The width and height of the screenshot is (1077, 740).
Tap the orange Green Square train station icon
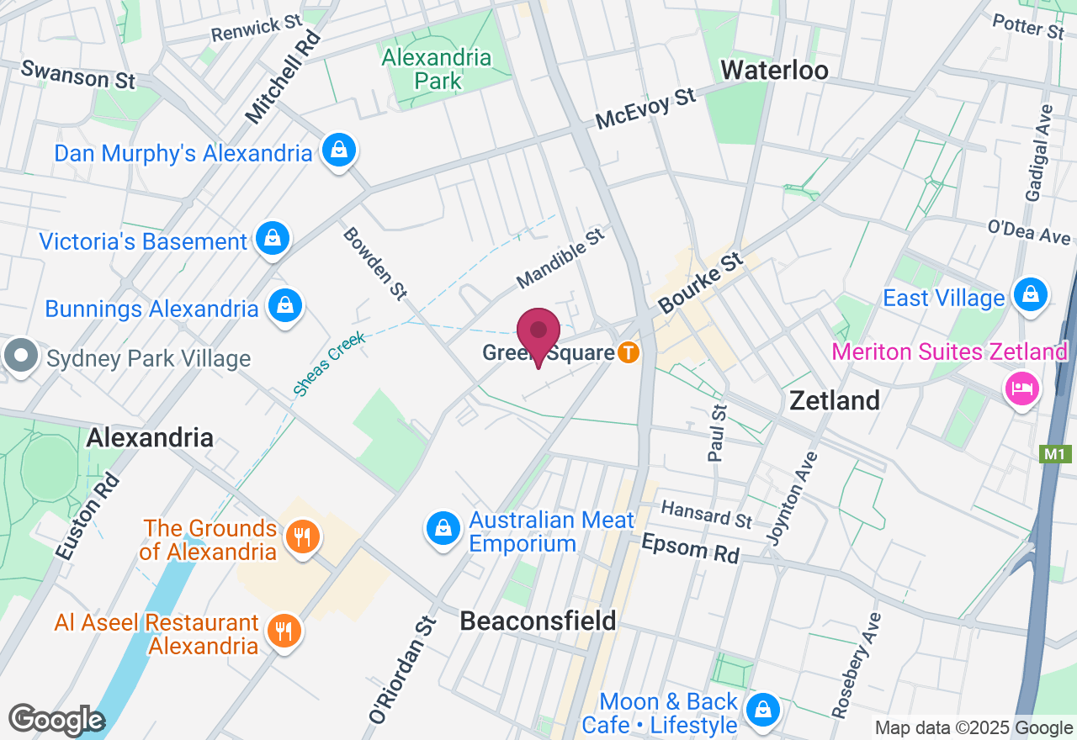[628, 352]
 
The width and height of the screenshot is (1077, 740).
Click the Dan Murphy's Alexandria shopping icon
[338, 151]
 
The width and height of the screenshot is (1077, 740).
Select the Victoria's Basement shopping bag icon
[273, 240]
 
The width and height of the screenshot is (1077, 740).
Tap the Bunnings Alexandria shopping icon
[285, 306]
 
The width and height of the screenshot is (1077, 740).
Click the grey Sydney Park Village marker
[21, 356]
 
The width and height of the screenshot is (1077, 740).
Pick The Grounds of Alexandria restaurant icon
[300, 536]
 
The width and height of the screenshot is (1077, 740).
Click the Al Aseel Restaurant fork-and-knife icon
[284, 631]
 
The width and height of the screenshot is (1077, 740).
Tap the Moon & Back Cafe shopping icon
[763, 711]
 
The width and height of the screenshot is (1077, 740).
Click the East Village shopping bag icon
[1030, 295]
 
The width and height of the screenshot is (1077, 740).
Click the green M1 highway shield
[1054, 455]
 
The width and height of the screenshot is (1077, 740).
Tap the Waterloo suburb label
[775, 70]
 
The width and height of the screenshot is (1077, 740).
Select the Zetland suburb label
[835, 400]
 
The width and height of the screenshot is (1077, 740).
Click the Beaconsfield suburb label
[538, 621]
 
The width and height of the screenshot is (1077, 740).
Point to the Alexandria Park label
[437, 69]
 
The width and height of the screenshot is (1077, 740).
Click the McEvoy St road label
[645, 109]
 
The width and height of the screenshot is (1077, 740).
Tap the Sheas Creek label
[329, 363]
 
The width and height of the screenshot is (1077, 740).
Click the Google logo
[56, 720]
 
